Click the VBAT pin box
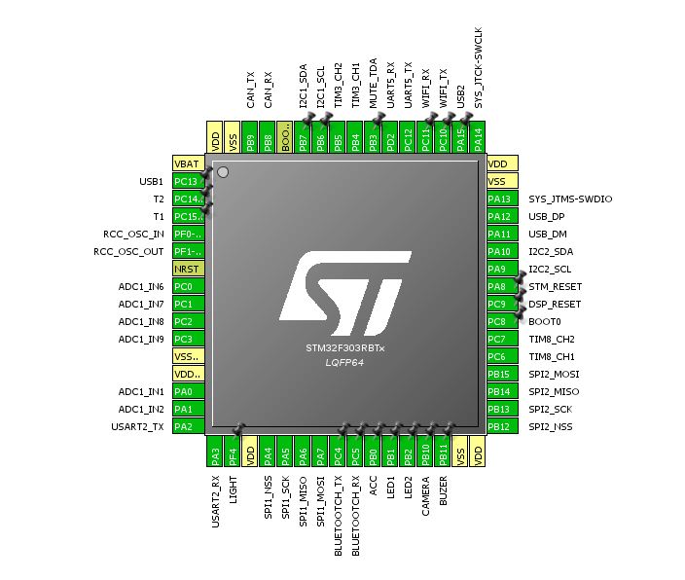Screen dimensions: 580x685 pyautogui.click(x=187, y=163)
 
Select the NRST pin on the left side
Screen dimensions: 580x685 pyautogui.click(x=187, y=269)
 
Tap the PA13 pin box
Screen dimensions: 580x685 pyautogui.click(x=499, y=199)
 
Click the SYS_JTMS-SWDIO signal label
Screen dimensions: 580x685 pyautogui.click(x=570, y=199)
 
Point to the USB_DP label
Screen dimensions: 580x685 pyautogui.click(x=546, y=216)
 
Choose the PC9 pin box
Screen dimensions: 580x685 pyautogui.click(x=498, y=304)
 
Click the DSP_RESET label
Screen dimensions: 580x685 pyautogui.click(x=555, y=304)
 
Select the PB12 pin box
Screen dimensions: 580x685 pyautogui.click(x=499, y=426)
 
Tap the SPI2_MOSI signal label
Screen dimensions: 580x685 pyautogui.click(x=553, y=374)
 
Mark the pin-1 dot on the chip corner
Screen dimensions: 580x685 pyautogui.click(x=223, y=172)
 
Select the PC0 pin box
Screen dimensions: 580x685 pyautogui.click(x=187, y=286)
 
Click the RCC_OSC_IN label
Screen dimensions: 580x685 pyautogui.click(x=133, y=234)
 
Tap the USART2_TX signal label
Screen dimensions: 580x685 pyautogui.click(x=137, y=426)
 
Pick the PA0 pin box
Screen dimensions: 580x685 pyautogui.click(x=187, y=391)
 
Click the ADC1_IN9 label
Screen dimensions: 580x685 pyautogui.click(x=141, y=339)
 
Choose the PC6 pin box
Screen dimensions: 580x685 pyautogui.click(x=499, y=356)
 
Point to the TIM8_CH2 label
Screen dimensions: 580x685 pyautogui.click(x=552, y=339)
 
